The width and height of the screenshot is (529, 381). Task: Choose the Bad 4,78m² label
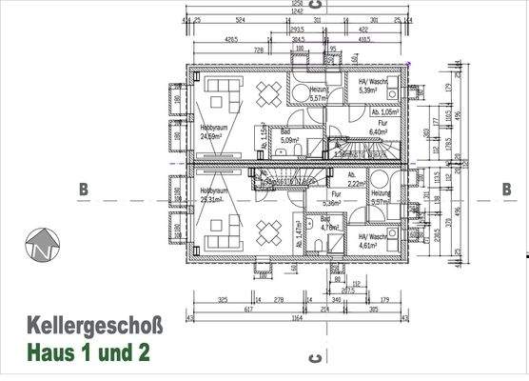pyautogui.click(x=330, y=224)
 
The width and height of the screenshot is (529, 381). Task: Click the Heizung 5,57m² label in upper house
pyautogui.click(x=318, y=92)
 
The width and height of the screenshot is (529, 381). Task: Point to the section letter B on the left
pyautogui.click(x=84, y=190)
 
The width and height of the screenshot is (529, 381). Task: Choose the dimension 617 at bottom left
pyautogui.click(x=225, y=309)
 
